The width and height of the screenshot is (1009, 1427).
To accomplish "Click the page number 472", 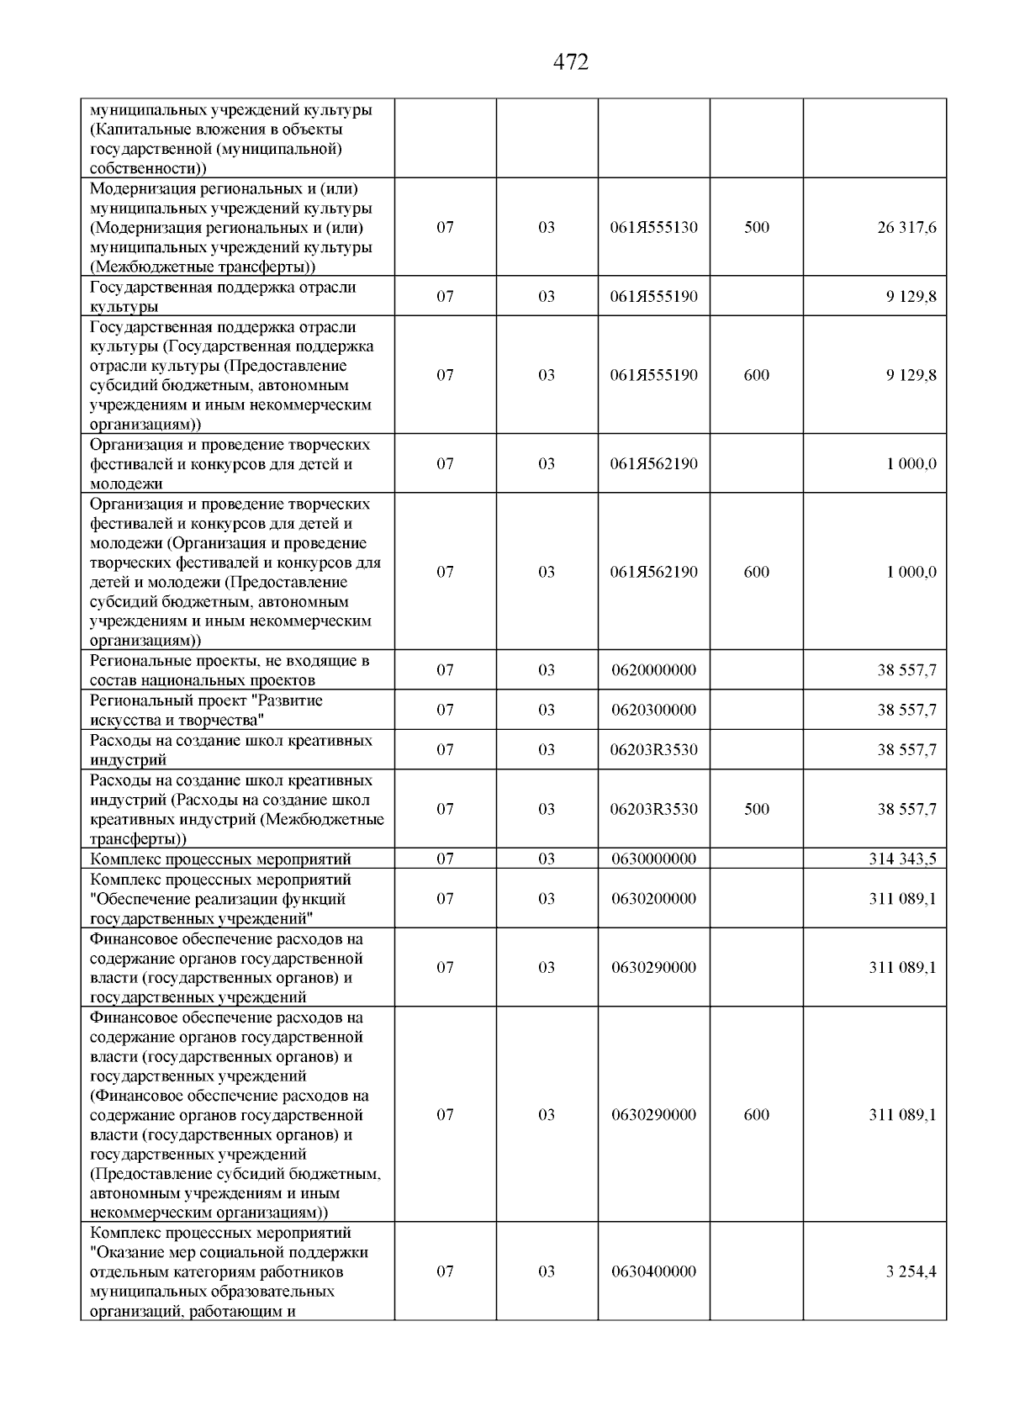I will (x=571, y=62).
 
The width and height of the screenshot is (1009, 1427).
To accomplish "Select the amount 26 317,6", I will (x=906, y=228).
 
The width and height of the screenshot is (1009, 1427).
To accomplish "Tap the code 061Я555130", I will (x=653, y=228).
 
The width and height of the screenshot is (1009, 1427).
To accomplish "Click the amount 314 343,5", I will (x=901, y=859).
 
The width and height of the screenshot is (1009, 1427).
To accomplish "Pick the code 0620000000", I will (x=653, y=670).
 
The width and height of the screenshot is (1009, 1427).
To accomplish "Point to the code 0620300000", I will (x=653, y=710).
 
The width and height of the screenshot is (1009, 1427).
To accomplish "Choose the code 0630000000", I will (x=653, y=859).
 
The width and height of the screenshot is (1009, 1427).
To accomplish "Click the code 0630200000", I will (x=653, y=899).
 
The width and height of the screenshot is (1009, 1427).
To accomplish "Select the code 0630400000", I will (x=653, y=1271).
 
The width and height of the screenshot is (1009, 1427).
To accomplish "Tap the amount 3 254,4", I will (x=911, y=1271).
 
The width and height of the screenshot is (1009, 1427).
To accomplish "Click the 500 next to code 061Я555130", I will (x=756, y=228).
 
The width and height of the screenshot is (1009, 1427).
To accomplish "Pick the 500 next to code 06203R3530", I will (x=756, y=809).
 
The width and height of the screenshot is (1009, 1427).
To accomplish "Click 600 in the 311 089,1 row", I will (x=756, y=1115).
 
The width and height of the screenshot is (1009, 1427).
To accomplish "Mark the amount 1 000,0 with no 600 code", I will (x=911, y=464).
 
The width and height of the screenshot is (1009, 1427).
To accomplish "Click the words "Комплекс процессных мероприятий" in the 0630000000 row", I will (x=220, y=859).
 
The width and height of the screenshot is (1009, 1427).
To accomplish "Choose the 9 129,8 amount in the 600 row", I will (x=911, y=375).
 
